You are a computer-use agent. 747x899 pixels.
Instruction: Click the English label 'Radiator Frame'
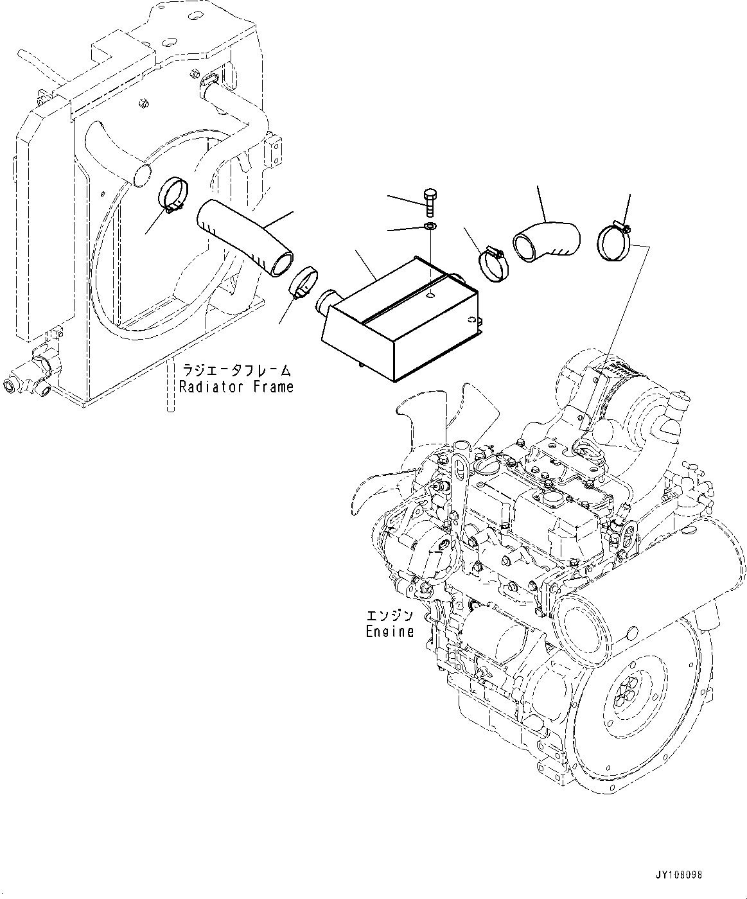[x=236, y=387]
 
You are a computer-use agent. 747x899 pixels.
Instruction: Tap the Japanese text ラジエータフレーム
[x=236, y=371]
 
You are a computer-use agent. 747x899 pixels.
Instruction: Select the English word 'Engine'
[x=389, y=631]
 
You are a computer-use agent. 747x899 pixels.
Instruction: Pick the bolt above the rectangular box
[x=430, y=196]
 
